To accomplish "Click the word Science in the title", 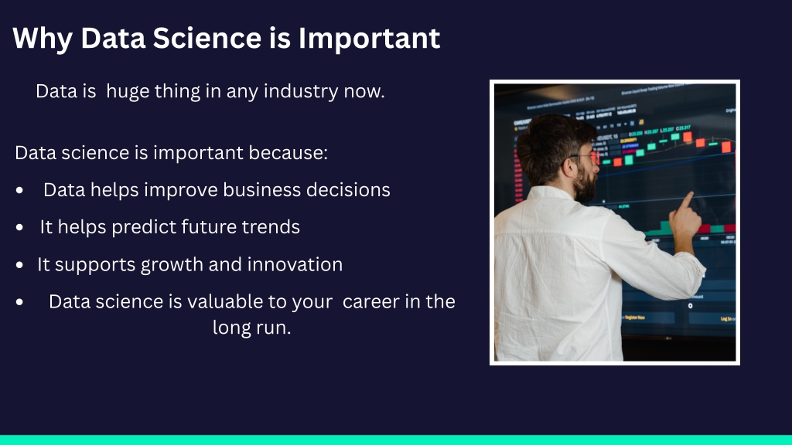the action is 207,38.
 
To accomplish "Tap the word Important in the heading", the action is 369,38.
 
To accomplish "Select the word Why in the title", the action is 43,39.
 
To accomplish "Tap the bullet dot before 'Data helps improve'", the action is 19,190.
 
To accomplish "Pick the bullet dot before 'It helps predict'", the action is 19,228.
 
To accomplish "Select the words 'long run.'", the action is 251,328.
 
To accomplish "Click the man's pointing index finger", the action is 687,201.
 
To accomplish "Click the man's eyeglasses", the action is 586,158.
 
